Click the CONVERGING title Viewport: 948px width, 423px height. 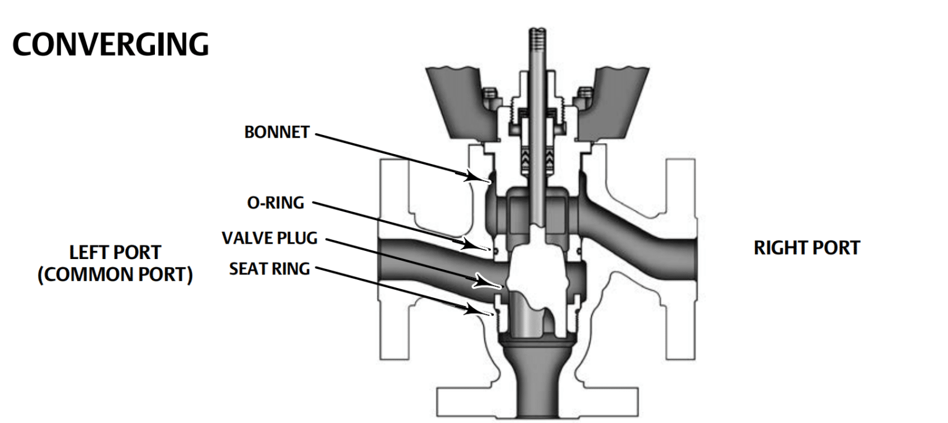tap(110, 45)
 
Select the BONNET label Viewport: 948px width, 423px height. tap(276, 133)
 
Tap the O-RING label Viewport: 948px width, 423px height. tap(275, 203)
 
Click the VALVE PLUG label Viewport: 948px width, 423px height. tap(270, 238)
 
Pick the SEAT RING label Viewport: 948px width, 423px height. tap(269, 269)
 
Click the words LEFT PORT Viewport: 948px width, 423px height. tap(115, 252)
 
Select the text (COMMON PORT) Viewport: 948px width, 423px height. tap(115, 274)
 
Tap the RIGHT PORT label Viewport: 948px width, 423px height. tap(806, 248)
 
